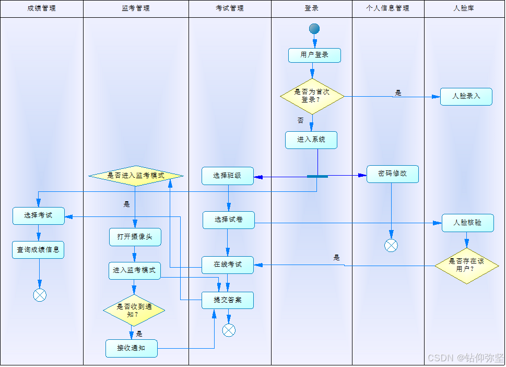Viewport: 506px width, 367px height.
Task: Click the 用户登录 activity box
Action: click(x=314, y=55)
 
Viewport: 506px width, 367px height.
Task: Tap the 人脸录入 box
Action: click(x=466, y=97)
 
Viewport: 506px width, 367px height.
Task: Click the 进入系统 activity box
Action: click(x=311, y=140)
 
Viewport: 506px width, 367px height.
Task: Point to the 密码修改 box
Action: click(x=392, y=174)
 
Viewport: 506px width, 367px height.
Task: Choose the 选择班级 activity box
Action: click(x=228, y=176)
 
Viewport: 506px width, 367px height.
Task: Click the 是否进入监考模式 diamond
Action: click(x=136, y=176)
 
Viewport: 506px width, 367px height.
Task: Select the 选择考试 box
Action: click(x=39, y=216)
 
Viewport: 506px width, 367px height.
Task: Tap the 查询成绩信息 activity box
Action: click(x=38, y=250)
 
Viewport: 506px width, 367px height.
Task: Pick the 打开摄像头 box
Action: click(x=135, y=237)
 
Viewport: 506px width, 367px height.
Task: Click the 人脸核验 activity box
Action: click(x=467, y=223)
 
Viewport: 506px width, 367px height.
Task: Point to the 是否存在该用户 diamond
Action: click(x=467, y=266)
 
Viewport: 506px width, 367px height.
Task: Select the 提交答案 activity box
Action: click(x=228, y=300)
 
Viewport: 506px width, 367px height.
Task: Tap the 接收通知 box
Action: click(x=131, y=348)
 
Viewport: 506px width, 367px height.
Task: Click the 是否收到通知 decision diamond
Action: click(x=134, y=311)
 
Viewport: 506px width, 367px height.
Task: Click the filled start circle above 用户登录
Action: click(x=314, y=29)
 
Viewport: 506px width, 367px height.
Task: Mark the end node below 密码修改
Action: click(x=391, y=245)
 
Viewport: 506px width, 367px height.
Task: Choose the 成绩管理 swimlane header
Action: click(x=41, y=8)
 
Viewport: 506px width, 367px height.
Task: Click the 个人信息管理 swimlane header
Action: click(x=388, y=8)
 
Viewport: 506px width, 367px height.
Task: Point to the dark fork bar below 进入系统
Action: click(x=317, y=177)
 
